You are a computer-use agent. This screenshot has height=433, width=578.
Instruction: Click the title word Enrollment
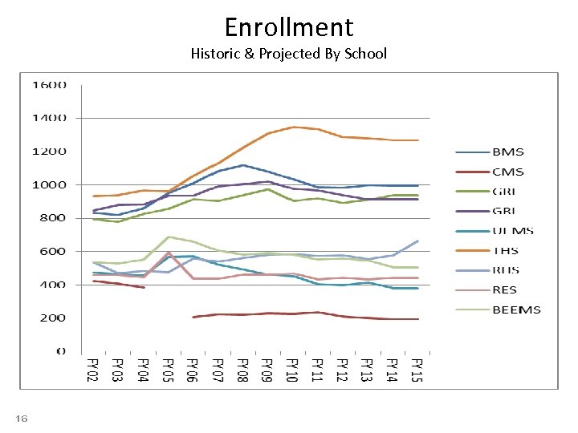289,27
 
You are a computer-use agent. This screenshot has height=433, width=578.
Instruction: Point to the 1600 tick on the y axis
49,85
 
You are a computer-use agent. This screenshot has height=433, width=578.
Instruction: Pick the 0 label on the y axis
61,351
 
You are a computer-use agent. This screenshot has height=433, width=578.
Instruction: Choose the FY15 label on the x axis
416,370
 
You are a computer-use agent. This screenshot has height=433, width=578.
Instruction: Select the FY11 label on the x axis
317,370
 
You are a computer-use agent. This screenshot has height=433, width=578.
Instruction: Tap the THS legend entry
506,251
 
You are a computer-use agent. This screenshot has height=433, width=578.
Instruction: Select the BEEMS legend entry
516,310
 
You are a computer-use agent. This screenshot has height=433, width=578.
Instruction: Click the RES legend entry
505,290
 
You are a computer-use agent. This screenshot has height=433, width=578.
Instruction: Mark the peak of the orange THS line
293,127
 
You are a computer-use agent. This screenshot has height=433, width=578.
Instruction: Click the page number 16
22,419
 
